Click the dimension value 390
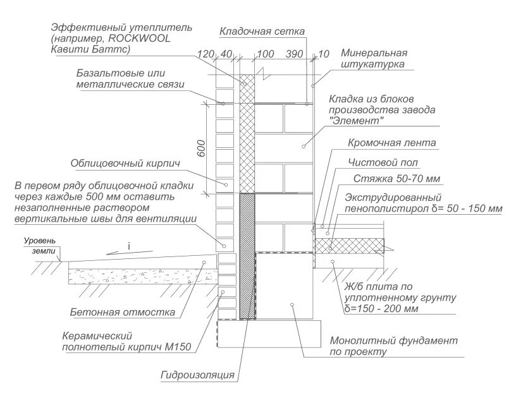(294, 54)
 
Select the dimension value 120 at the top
(206, 54)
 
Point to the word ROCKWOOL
(143, 39)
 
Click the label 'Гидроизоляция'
(197, 375)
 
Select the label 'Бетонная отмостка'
(123, 312)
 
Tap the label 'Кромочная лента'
(391, 144)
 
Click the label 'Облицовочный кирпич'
(126, 164)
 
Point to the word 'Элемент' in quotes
(357, 121)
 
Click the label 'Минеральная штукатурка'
(374, 59)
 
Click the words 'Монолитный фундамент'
(393, 341)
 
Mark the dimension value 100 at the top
(266, 54)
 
